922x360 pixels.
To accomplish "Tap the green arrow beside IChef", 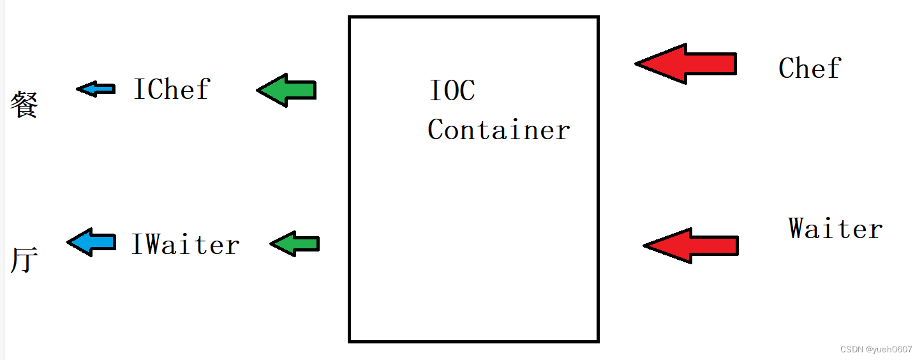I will (x=286, y=90).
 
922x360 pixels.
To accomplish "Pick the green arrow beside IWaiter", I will (x=294, y=243).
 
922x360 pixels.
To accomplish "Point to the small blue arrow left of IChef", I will (x=96, y=89).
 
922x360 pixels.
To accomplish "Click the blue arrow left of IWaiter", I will (x=91, y=242).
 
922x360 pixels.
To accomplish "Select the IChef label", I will (x=171, y=89).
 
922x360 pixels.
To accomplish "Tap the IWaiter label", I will (x=185, y=244).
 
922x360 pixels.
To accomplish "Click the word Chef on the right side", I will (x=810, y=68).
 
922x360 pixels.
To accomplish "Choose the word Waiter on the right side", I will (x=835, y=229).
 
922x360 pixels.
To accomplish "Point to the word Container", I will (x=498, y=130).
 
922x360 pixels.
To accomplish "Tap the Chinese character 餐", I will (x=24, y=104).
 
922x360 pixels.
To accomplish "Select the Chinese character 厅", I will (x=24, y=260).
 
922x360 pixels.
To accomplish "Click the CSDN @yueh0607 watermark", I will (x=875, y=350).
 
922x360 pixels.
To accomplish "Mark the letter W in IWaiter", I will (x=153, y=244).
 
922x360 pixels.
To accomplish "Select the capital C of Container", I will (x=436, y=130).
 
